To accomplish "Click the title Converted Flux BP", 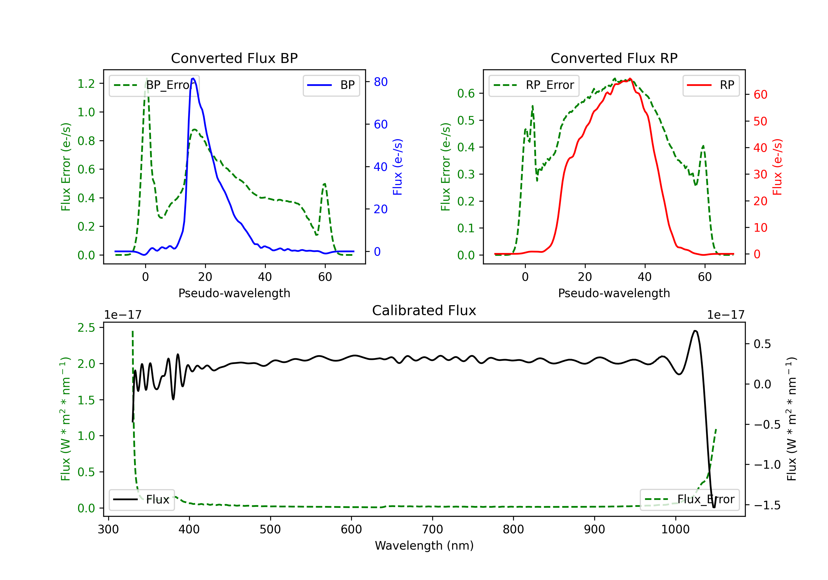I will [234, 58].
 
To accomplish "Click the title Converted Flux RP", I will [614, 58].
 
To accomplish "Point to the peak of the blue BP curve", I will [193, 78].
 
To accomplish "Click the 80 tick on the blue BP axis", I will [380, 82].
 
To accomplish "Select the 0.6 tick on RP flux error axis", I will [466, 93].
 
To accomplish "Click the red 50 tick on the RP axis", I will [760, 121].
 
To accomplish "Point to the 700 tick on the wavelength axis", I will [432, 529].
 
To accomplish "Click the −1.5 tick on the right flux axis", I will [767, 505].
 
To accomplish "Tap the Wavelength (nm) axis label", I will [424, 545].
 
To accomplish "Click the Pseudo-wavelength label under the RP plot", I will [614, 293].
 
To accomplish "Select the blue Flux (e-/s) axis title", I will [397, 167].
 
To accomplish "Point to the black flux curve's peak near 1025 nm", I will [695, 331].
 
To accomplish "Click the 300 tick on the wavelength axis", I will [108, 529].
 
